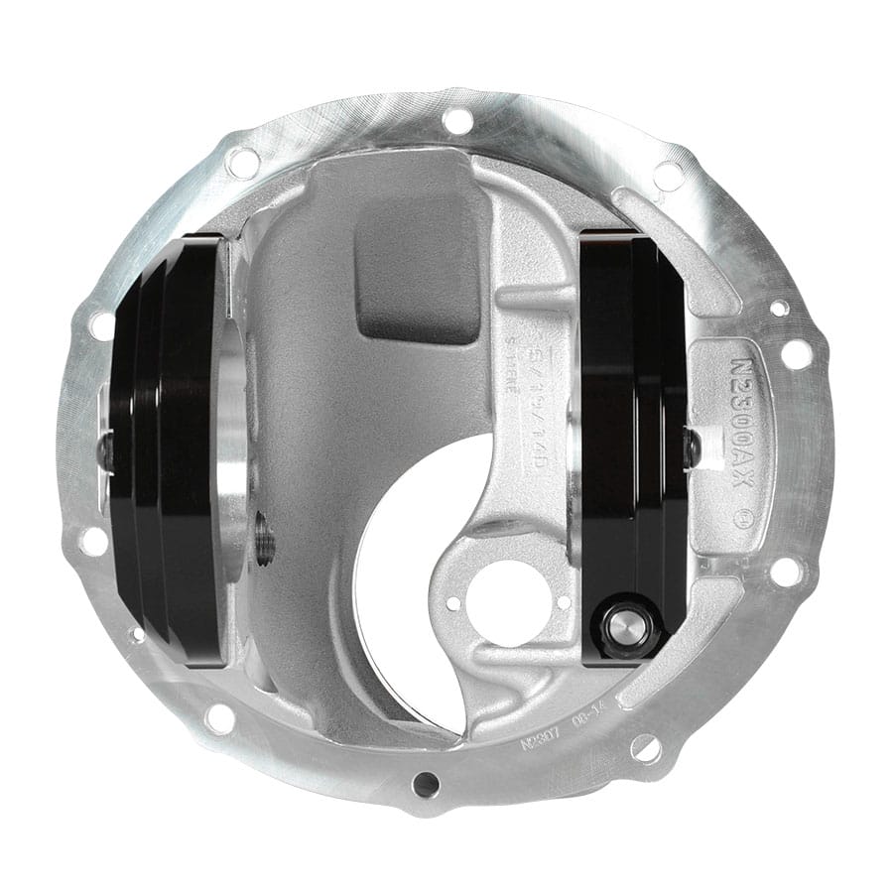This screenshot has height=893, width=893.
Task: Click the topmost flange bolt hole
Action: pos(457,121)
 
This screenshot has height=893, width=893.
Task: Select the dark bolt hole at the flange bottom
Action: pos(426,785)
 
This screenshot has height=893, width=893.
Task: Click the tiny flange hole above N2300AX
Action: pos(781,309)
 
